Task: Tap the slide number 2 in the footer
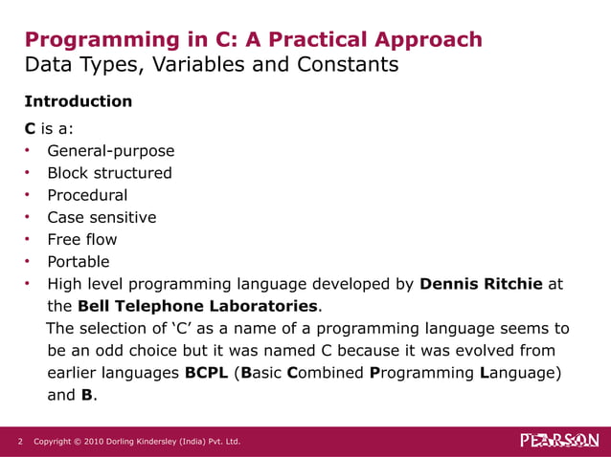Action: (x=20, y=442)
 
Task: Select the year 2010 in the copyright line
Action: (x=94, y=442)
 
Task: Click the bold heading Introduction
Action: (x=78, y=101)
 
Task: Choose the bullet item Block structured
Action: (x=109, y=173)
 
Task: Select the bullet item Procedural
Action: (x=87, y=195)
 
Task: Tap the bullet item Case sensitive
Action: (x=102, y=217)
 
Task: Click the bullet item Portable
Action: (x=79, y=262)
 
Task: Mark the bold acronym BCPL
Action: (x=205, y=373)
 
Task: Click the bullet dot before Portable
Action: (x=30, y=262)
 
